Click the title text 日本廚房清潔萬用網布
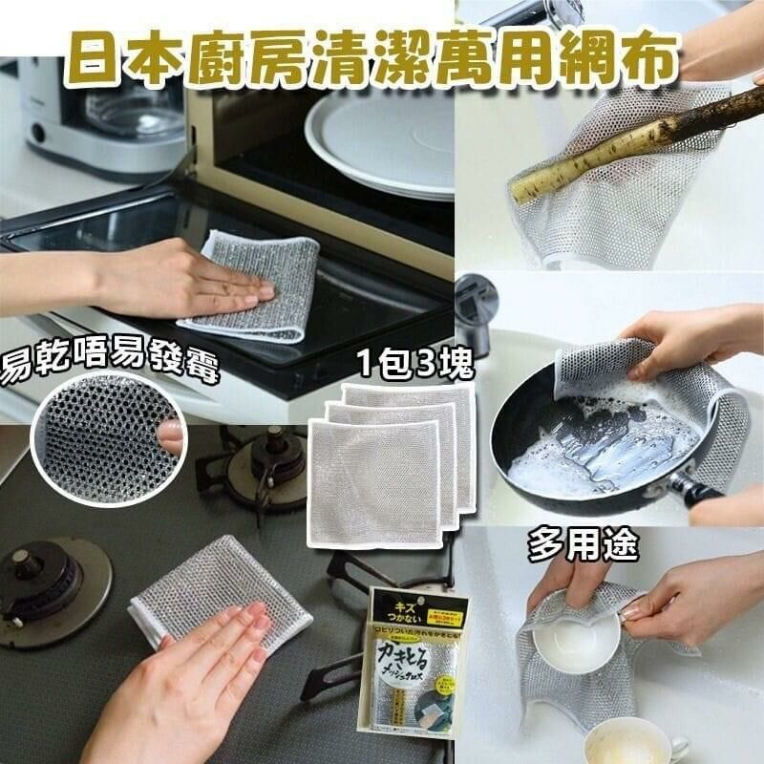coord(382,55)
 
